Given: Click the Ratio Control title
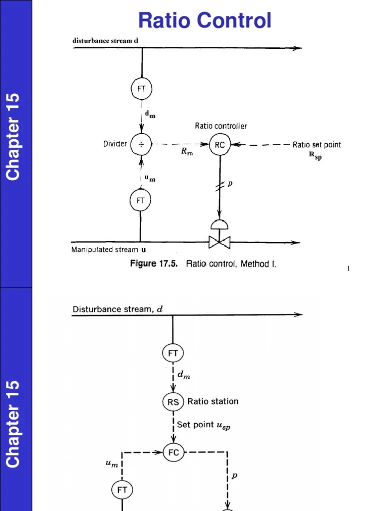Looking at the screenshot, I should click(x=205, y=20).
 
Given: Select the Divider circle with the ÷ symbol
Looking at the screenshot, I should click(x=141, y=145).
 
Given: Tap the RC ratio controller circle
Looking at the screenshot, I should click(x=219, y=145).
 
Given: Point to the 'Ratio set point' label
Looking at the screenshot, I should click(x=317, y=145).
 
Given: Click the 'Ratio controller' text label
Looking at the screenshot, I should click(x=221, y=126).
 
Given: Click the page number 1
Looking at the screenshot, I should click(x=349, y=269).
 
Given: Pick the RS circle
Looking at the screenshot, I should click(x=173, y=402).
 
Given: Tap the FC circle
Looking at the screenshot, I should click(x=174, y=453).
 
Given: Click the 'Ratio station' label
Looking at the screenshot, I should click(x=213, y=401).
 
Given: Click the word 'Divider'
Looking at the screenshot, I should click(x=115, y=144).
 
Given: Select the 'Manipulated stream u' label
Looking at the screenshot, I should click(x=109, y=250).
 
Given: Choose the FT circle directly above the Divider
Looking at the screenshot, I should click(x=141, y=89).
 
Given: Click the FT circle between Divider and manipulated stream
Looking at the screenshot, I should click(x=140, y=201).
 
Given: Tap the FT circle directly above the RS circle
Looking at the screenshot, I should click(x=173, y=353).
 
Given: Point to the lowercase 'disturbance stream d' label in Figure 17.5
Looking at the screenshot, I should click(x=105, y=40).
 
